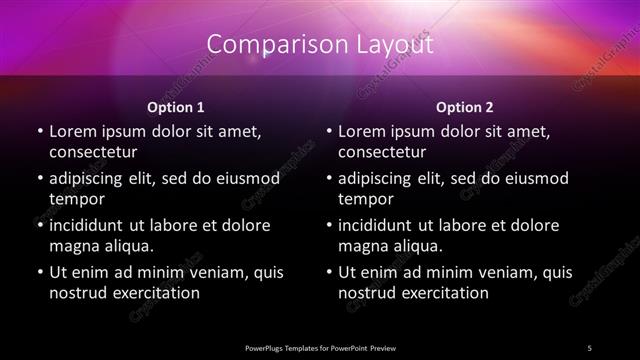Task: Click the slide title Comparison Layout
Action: click(320, 45)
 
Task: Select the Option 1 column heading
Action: click(175, 107)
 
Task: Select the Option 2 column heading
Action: click(465, 107)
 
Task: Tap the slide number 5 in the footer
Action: click(590, 347)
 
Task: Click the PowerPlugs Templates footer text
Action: click(320, 347)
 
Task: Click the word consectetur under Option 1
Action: click(93, 152)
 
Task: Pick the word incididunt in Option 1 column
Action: click(91, 225)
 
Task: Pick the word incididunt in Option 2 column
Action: click(380, 225)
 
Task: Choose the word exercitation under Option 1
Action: click(156, 293)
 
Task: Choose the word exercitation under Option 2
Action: click(445, 293)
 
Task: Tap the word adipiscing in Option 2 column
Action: click(381, 178)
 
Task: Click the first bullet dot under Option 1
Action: click(40, 132)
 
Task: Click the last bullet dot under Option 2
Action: click(329, 272)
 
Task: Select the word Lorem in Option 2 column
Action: click(361, 132)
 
